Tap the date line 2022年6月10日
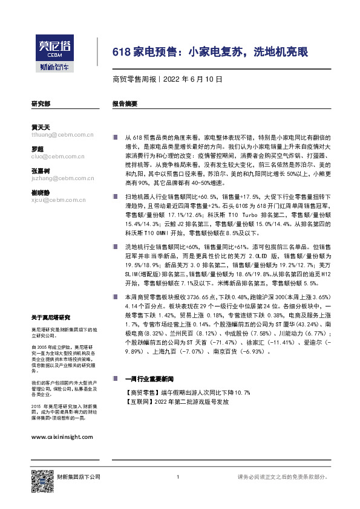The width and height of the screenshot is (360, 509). (167, 79)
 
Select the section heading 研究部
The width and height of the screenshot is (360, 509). (40, 104)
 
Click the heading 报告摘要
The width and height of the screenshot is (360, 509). (125, 104)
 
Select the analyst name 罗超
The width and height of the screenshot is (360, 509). (37, 149)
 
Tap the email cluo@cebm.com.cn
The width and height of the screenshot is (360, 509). (59, 155)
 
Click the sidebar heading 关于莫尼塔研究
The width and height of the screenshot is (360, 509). (50, 317)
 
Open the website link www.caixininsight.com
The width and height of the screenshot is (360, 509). (61, 436)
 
